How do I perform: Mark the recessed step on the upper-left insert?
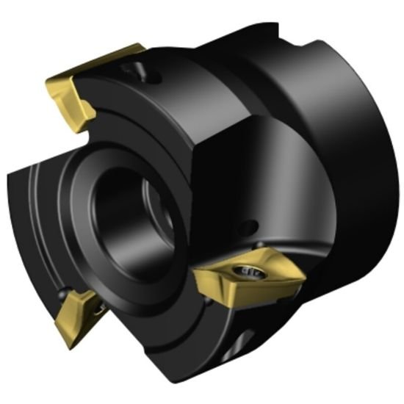click(x=82, y=110)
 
